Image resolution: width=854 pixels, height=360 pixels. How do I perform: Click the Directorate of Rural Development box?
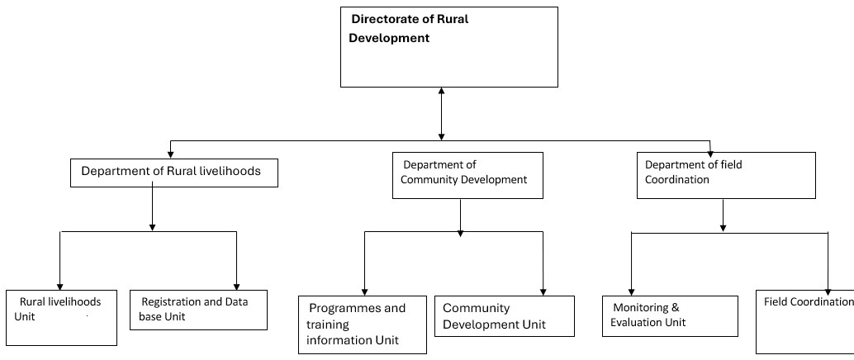(448, 47)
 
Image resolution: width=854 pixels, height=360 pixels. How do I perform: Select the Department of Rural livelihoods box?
(174, 173)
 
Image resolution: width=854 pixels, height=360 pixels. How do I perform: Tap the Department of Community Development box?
(467, 175)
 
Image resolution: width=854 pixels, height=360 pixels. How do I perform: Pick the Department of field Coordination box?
(726, 175)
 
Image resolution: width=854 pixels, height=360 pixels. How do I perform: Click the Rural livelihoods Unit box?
(62, 318)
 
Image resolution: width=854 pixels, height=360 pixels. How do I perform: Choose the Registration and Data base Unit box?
(198, 310)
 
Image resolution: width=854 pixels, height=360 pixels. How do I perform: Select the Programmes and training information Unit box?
(363, 324)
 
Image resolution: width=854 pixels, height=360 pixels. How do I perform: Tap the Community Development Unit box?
(505, 316)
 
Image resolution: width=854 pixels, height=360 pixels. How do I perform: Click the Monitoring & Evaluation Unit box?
(670, 316)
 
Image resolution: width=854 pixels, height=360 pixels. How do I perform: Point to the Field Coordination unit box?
(805, 322)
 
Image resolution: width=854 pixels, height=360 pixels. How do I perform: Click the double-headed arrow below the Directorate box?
(441, 114)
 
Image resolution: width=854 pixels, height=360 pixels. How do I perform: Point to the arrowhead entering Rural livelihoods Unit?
(60, 287)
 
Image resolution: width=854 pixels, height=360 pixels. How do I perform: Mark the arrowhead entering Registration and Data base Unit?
(236, 287)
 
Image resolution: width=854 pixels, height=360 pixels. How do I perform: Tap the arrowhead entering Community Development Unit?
(543, 292)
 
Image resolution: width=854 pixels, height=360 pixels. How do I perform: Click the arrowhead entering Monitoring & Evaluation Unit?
(632, 292)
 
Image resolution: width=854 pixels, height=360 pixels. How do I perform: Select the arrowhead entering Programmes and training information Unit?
(365, 292)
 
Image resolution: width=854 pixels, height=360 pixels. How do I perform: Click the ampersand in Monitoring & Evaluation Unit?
(676, 308)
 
